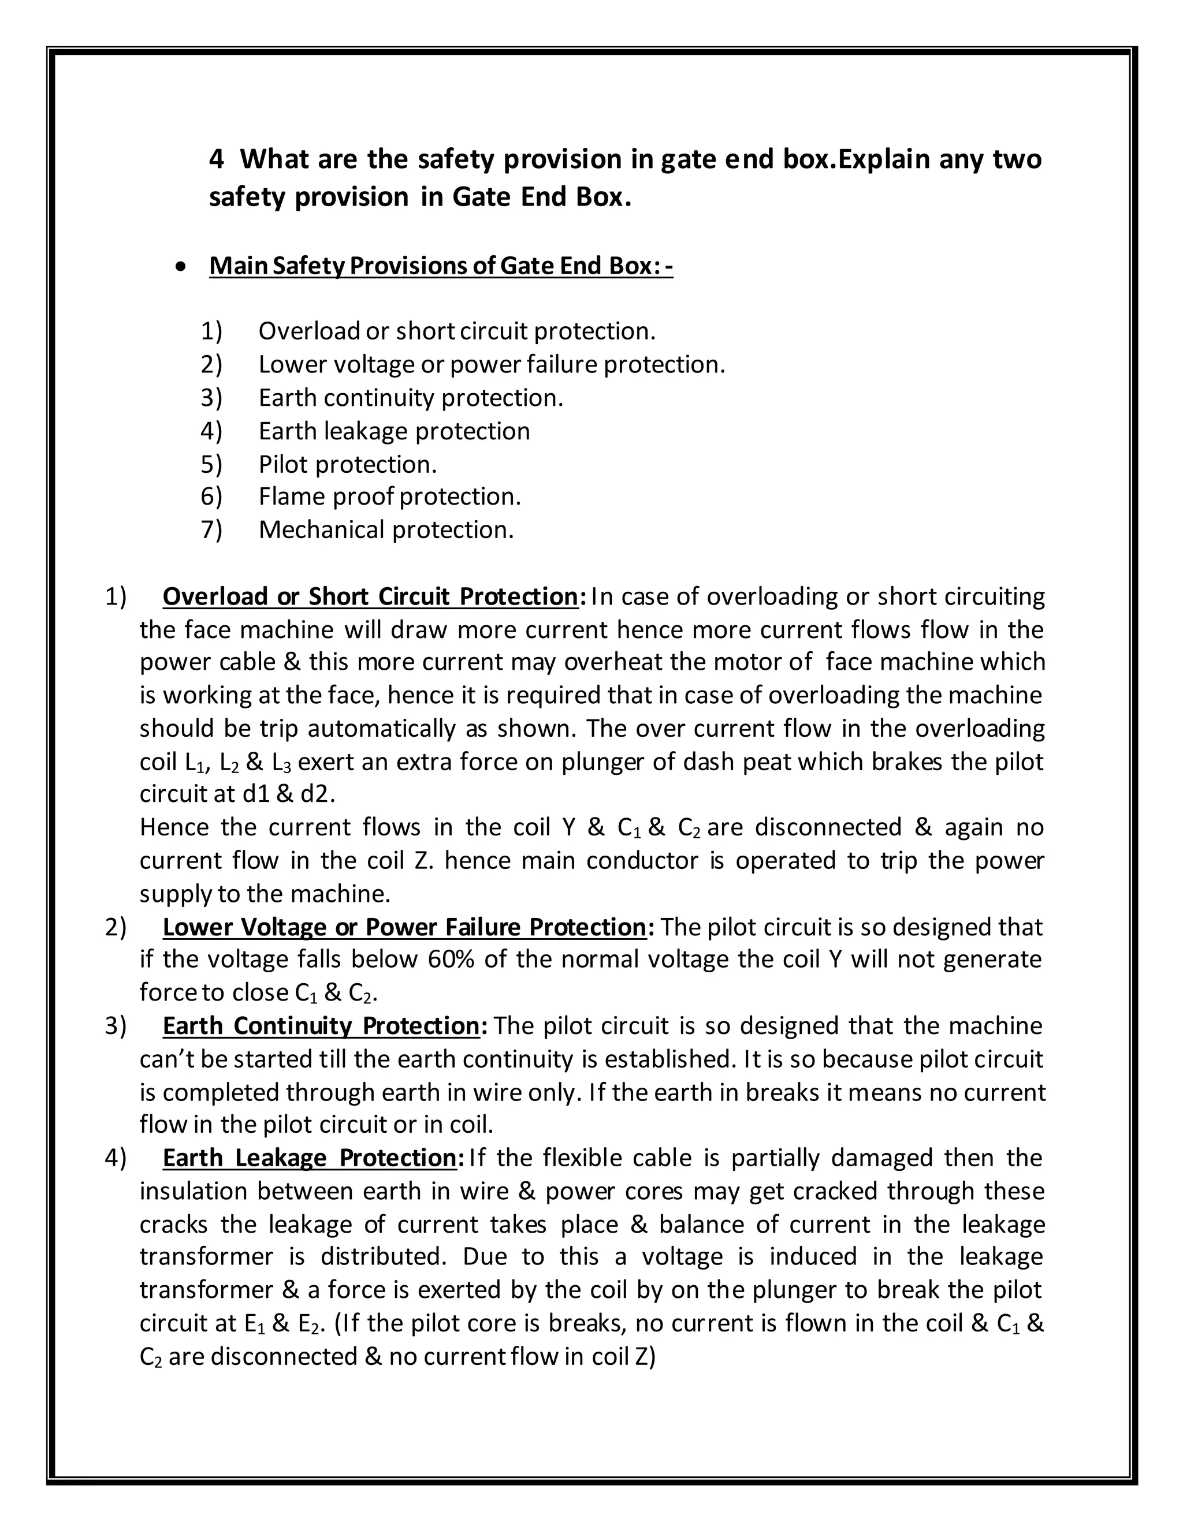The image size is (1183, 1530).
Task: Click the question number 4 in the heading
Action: pos(217,160)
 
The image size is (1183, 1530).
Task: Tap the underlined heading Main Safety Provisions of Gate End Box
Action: pos(441,266)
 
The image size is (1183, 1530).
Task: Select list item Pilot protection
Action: pos(348,464)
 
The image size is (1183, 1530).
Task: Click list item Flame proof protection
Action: pos(390,497)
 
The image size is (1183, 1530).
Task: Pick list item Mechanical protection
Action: pos(386,529)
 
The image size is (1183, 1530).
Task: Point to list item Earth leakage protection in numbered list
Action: pos(394,431)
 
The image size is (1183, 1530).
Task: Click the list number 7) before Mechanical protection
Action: pos(211,529)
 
